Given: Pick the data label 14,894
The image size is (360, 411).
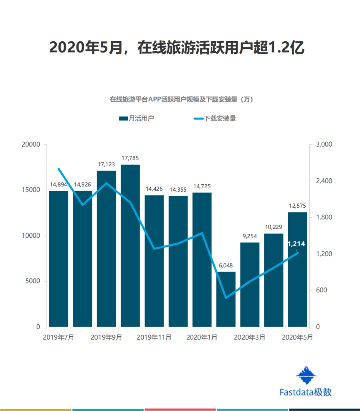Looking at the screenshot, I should tap(58, 184).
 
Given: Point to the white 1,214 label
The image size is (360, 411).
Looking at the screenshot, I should tap(296, 244).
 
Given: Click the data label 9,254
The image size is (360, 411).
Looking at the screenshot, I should tap(250, 236).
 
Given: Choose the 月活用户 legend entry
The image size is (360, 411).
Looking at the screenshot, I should tap(137, 118).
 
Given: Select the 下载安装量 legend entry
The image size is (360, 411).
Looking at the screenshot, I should tap(215, 118).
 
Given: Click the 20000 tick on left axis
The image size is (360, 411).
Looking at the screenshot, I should tap(31, 144).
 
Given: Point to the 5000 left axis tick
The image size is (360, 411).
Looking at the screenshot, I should tap(33, 281).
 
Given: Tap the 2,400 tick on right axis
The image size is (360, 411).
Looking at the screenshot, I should tap(324, 181).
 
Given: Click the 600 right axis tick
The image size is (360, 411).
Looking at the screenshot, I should tap(321, 290).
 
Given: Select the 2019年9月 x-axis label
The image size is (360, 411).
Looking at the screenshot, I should tap(106, 337).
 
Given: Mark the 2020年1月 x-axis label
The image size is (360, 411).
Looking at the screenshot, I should tap(202, 337).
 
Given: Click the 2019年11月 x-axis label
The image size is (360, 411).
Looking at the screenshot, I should tap(154, 337).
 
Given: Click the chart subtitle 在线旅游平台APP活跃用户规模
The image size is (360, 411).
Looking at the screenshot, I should tap(181, 99).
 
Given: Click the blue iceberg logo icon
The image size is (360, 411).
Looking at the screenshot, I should tap(306, 375).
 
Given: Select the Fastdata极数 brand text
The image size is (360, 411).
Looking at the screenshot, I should tap(305, 392).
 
